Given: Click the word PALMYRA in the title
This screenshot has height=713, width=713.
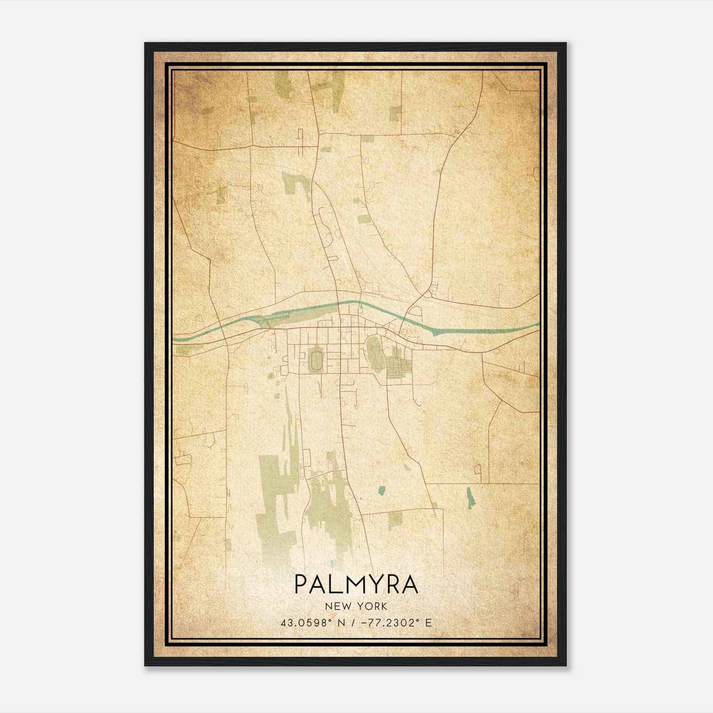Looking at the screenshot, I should [356, 585].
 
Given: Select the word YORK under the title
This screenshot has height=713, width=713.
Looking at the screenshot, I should [372, 606].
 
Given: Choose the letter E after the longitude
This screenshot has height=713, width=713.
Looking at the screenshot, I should [428, 623].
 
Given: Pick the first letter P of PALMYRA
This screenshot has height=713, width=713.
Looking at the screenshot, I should [301, 585].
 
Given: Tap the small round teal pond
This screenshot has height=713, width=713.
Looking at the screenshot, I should [381, 491].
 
